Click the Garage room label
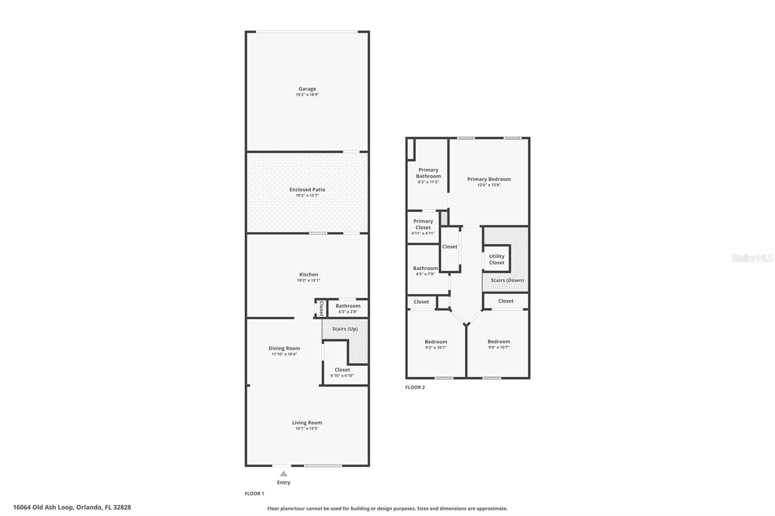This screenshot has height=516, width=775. pos(307,89)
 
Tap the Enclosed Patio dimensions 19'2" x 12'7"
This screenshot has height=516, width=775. pos(307,196)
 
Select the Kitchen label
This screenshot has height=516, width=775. pos(309,274)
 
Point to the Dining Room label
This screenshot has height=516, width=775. pos(284,348)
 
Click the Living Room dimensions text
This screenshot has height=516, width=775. pos(307,428)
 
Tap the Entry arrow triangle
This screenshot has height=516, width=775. pos(284,473)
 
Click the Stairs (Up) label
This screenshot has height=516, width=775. pos(345,329)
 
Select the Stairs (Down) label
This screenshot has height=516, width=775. pos(507,280)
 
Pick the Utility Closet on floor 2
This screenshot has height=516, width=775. pos(496,259)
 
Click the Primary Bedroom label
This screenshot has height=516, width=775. pos(489,179)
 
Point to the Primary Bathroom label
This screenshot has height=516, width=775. pos(428,173)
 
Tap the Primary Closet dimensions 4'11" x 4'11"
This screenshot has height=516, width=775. pos(423,233)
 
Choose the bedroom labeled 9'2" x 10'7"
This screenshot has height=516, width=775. pos(436,344)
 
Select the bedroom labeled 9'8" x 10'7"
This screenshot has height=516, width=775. pos(498,344)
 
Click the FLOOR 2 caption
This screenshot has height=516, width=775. pos(415,387)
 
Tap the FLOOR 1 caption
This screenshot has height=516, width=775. pos(254,494)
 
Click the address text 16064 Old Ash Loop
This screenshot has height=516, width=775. pos(43,507)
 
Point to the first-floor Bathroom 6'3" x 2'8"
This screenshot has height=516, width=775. pos(348,308)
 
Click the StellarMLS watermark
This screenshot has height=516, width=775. pos(752,258)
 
